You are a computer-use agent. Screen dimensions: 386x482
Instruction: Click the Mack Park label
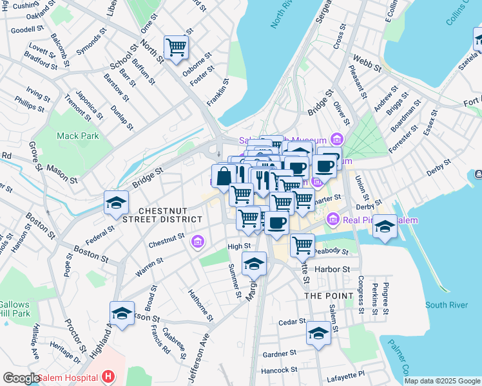pyautogui.click(x=77, y=136)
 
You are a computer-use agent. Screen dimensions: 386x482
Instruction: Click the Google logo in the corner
pyautogui.click(x=21, y=378)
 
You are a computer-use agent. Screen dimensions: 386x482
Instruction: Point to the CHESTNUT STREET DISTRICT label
pyautogui.click(x=170, y=215)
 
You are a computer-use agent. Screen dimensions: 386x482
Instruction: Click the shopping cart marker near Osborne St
pyautogui.click(x=176, y=47)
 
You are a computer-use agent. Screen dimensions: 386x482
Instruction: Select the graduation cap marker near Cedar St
pyautogui.click(x=318, y=333)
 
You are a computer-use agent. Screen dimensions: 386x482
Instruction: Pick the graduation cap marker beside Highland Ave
pyautogui.click(x=122, y=313)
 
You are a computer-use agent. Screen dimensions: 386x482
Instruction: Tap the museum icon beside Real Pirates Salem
pyautogui.click(x=333, y=220)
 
